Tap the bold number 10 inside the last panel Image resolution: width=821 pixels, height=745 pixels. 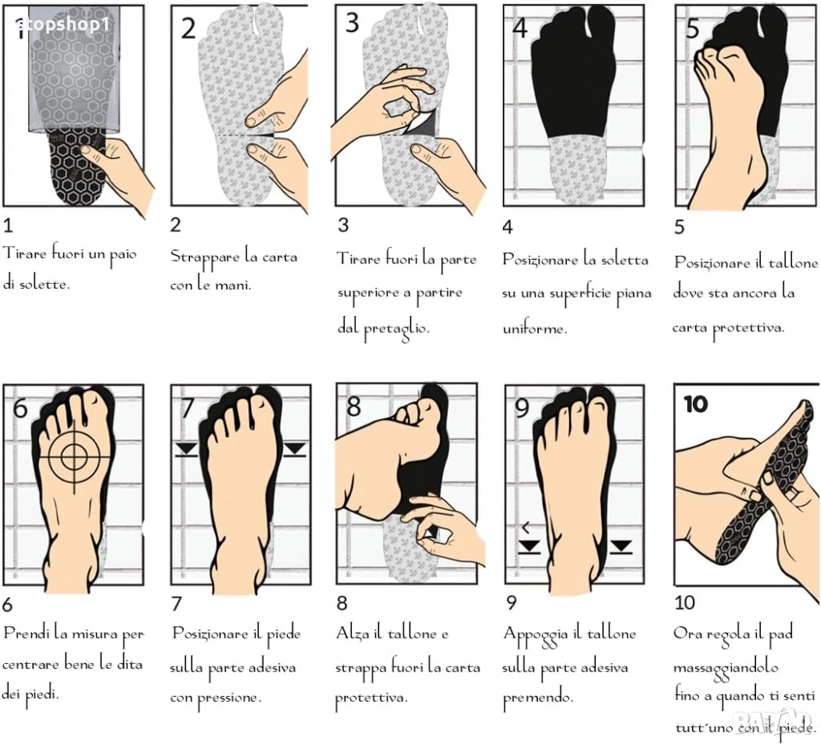pos(695,404)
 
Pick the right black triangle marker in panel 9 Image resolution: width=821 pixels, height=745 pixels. pos(621,547)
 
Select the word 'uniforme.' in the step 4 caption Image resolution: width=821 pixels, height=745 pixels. pos(535,329)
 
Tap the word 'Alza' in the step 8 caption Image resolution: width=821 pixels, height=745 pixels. pos(352,634)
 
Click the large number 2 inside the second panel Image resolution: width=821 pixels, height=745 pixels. pos(188,28)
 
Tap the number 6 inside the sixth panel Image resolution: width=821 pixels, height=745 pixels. pos(20,407)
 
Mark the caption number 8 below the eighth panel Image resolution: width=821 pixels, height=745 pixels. pos(342,603)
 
